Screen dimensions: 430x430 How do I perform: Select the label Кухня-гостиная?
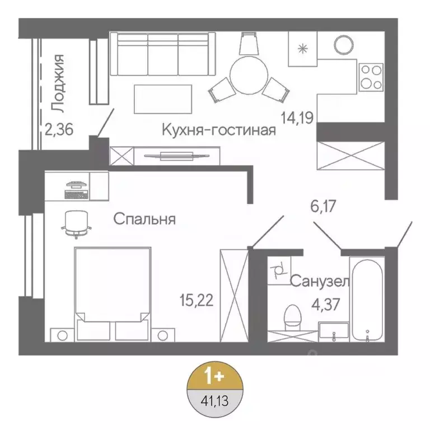tap(219, 130)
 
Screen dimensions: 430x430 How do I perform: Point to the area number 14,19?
tap(298, 118)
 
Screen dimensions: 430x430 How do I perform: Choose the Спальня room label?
tap(144, 219)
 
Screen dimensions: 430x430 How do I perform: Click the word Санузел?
tap(320, 281)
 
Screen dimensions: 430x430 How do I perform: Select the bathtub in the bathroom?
tap(367, 299)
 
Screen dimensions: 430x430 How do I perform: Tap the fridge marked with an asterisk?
tap(303, 48)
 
